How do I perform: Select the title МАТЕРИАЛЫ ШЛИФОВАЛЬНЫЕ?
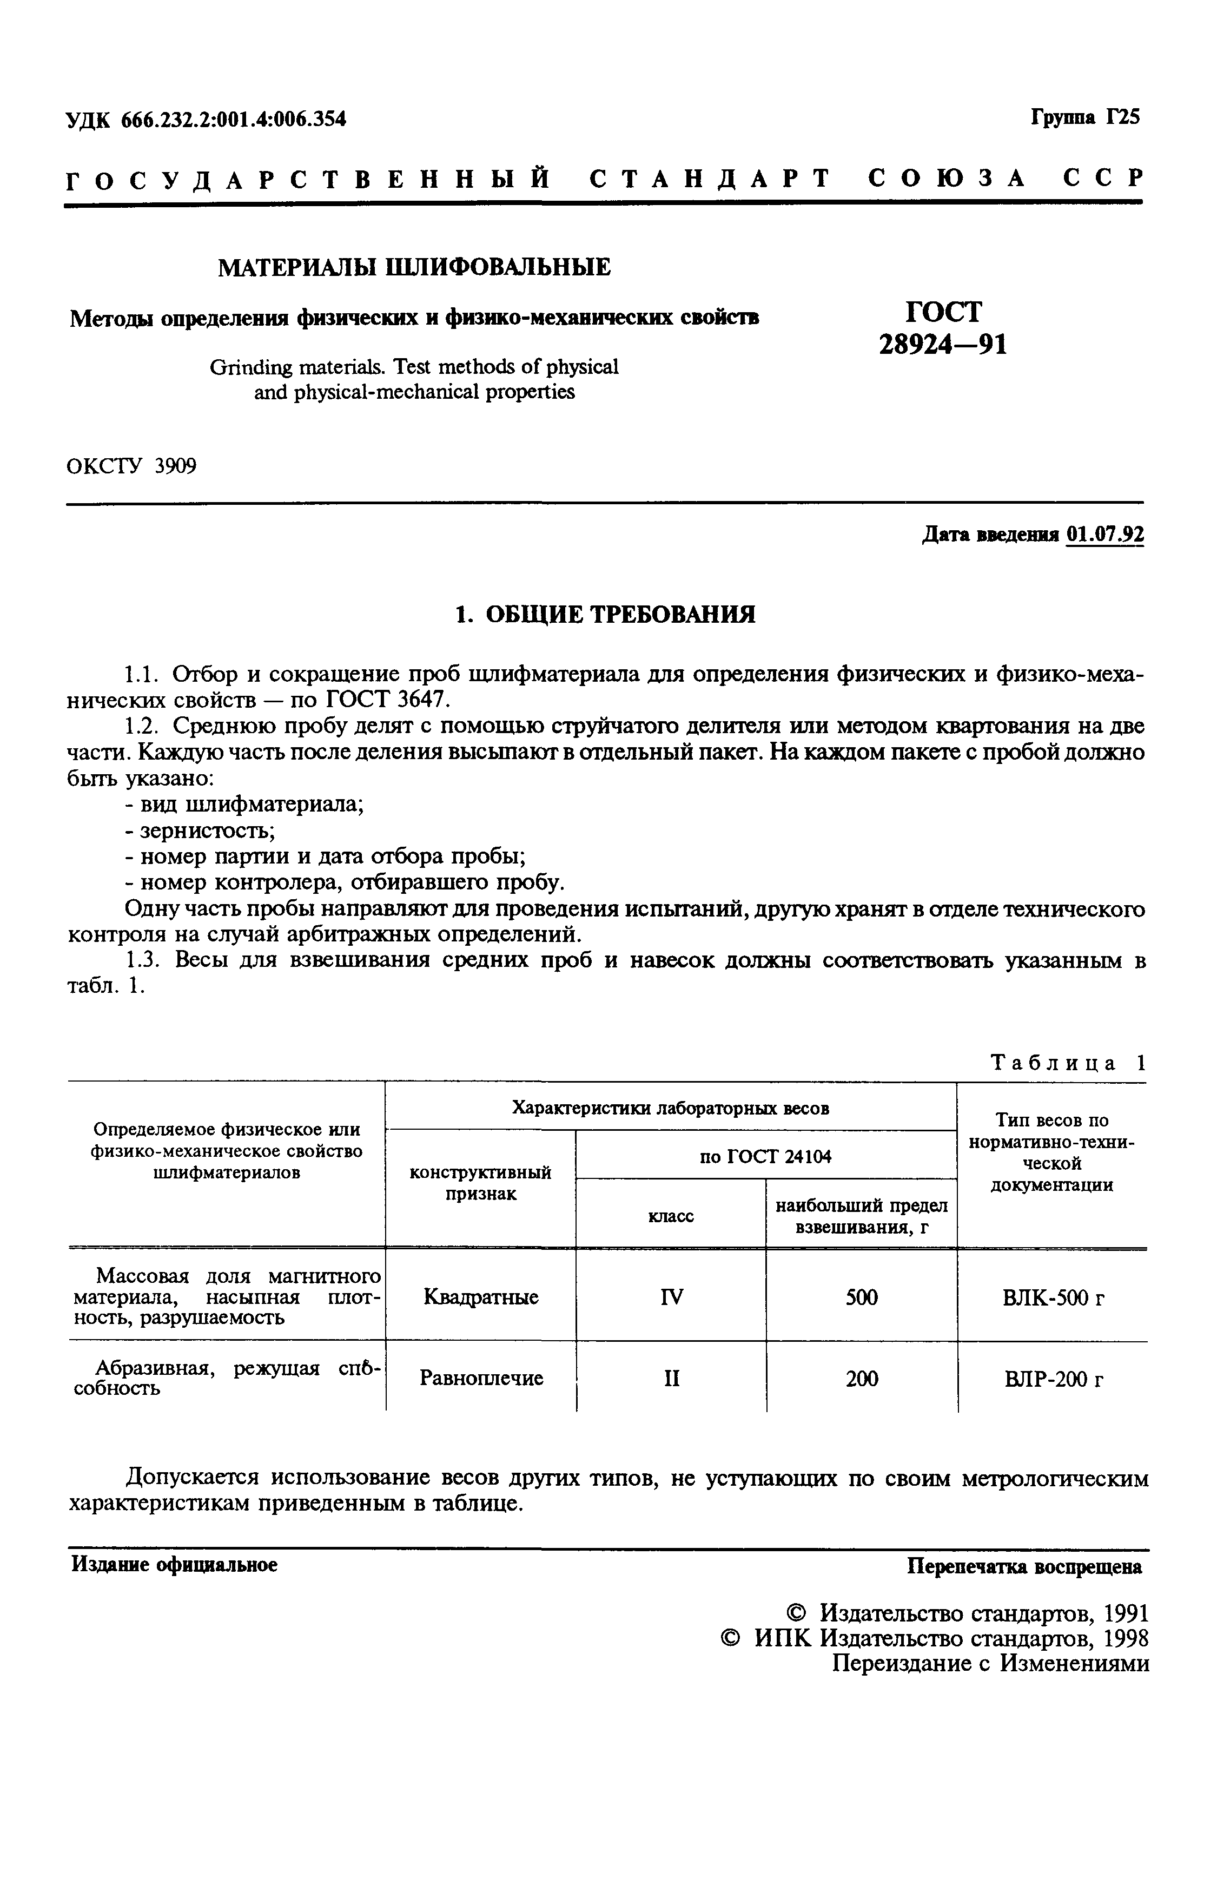[x=414, y=267]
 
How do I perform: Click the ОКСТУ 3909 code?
[x=131, y=466]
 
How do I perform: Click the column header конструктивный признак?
[x=480, y=1183]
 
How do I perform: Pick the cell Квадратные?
[x=480, y=1297]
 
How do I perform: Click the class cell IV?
[x=671, y=1297]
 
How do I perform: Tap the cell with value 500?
[x=862, y=1297]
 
